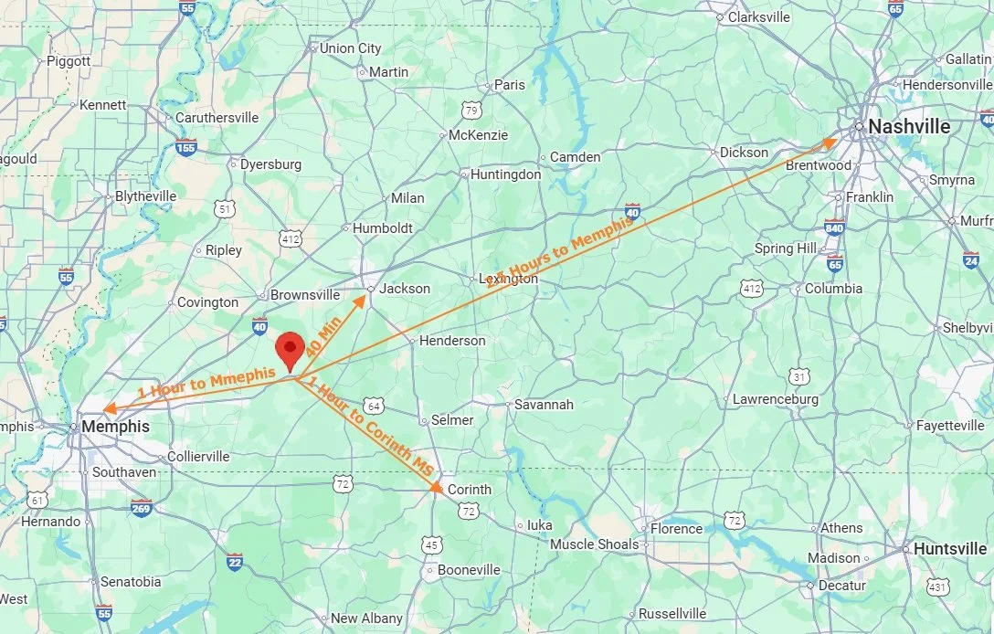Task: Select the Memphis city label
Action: click(x=115, y=427)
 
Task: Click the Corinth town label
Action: click(x=469, y=489)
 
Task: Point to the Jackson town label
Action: click(x=405, y=289)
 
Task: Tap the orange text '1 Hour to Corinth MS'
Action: click(x=371, y=427)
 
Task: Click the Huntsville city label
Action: click(x=951, y=549)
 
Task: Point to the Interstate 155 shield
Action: click(x=186, y=146)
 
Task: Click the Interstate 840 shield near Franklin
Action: click(x=834, y=227)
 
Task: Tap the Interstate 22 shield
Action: click(x=235, y=561)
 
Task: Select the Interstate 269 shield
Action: click(x=141, y=508)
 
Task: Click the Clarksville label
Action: click(x=758, y=16)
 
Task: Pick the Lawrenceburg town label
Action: click(x=775, y=399)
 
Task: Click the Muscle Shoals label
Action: click(x=594, y=544)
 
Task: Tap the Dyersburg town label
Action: click(x=270, y=164)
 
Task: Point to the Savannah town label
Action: click(x=544, y=404)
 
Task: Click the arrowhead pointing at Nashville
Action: click(x=830, y=142)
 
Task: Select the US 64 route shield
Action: click(x=372, y=405)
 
